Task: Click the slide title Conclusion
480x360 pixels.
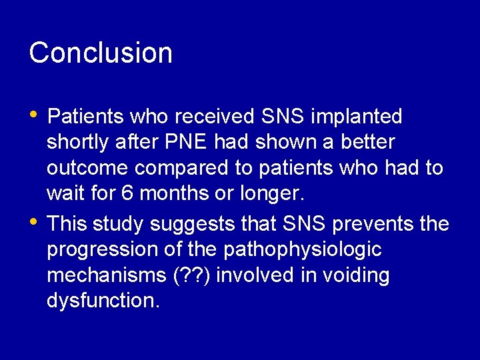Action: point(101,53)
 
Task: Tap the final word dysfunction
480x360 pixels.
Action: point(103,301)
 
